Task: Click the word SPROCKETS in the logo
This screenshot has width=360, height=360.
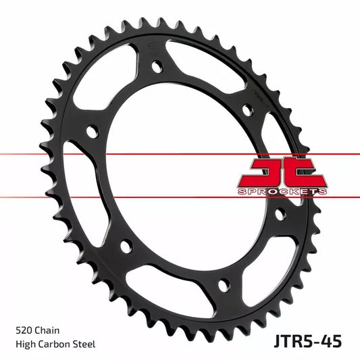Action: click(x=283, y=192)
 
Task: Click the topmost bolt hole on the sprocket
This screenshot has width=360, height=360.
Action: click(x=157, y=67)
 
